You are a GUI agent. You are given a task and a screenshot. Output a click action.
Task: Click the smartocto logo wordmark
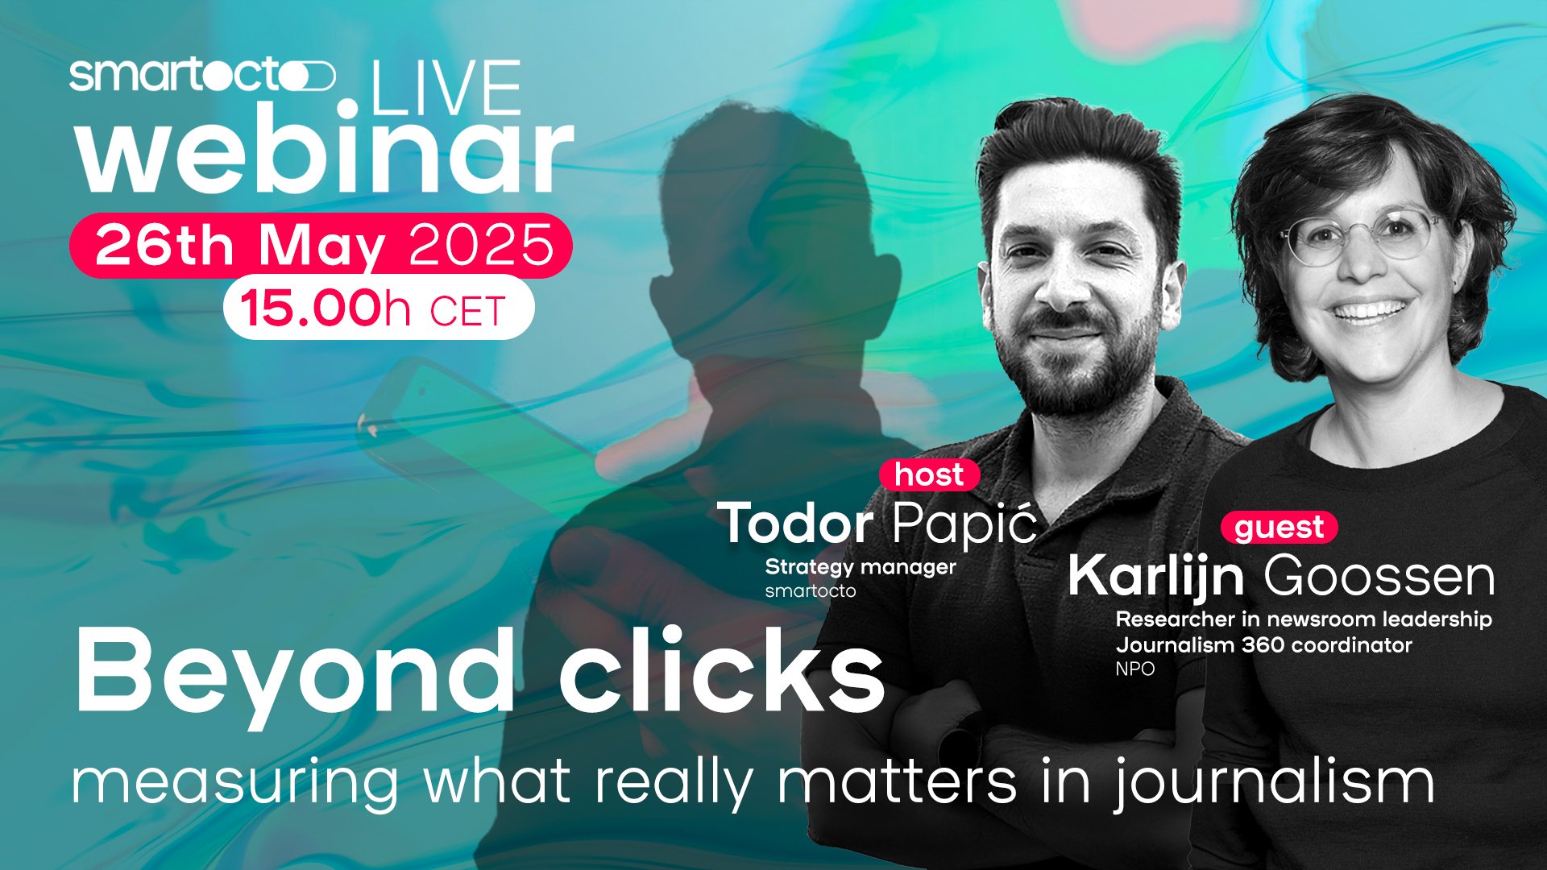click(x=202, y=76)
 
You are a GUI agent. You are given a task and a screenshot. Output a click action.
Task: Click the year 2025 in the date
click(x=482, y=245)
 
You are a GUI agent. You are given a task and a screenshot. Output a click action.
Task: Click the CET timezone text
click(x=467, y=312)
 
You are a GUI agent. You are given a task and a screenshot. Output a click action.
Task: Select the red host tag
click(x=929, y=474)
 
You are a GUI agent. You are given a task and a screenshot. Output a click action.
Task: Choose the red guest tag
click(x=1279, y=528)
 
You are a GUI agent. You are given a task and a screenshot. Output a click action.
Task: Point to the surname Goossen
click(x=1379, y=576)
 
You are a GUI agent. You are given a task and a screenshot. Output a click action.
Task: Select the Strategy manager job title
click(x=861, y=567)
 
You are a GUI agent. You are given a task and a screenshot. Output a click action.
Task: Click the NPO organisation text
click(x=1135, y=669)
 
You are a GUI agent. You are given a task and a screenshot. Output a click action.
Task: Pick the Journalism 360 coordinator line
click(x=1263, y=645)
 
